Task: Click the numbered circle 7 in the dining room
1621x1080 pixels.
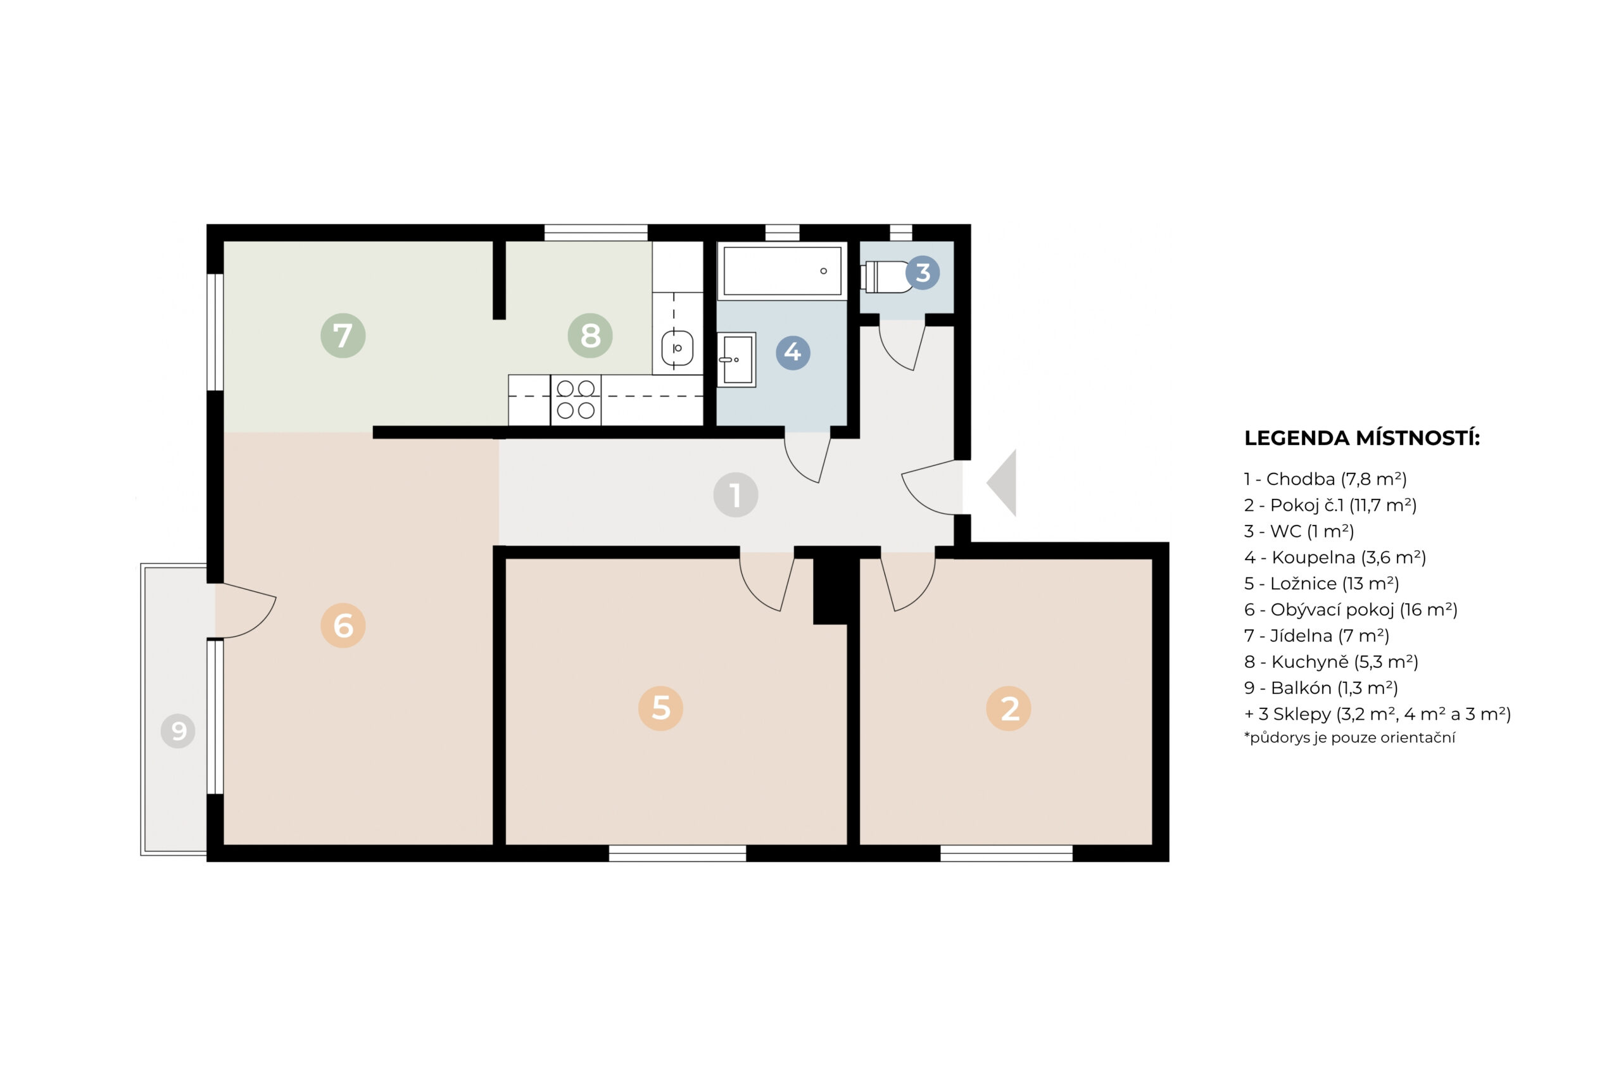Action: pyautogui.click(x=343, y=336)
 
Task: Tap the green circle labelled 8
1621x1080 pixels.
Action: pyautogui.click(x=590, y=336)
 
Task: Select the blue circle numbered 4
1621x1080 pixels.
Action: pyautogui.click(x=792, y=353)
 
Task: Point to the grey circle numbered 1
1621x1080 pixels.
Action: pyautogui.click(x=735, y=494)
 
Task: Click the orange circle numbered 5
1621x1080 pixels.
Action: pyautogui.click(x=660, y=708)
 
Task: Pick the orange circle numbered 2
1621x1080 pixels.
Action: pyautogui.click(x=1008, y=708)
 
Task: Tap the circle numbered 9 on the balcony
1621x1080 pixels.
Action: pyautogui.click(x=178, y=731)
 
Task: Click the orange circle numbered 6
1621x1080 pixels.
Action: pyautogui.click(x=343, y=625)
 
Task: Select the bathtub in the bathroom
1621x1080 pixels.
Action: pyautogui.click(x=782, y=272)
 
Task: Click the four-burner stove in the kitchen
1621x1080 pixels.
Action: pyautogui.click(x=575, y=399)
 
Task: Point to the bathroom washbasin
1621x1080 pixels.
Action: pyautogui.click(x=736, y=360)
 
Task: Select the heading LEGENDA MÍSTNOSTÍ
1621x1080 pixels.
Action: pyautogui.click(x=1361, y=438)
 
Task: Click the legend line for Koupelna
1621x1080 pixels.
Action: pyautogui.click(x=1334, y=557)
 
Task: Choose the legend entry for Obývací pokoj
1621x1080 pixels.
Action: pyautogui.click(x=1350, y=610)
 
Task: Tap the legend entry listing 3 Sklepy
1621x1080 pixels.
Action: pyautogui.click(x=1377, y=714)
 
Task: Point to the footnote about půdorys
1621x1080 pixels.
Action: pyautogui.click(x=1349, y=738)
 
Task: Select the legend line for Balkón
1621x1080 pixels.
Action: pyautogui.click(x=1321, y=688)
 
